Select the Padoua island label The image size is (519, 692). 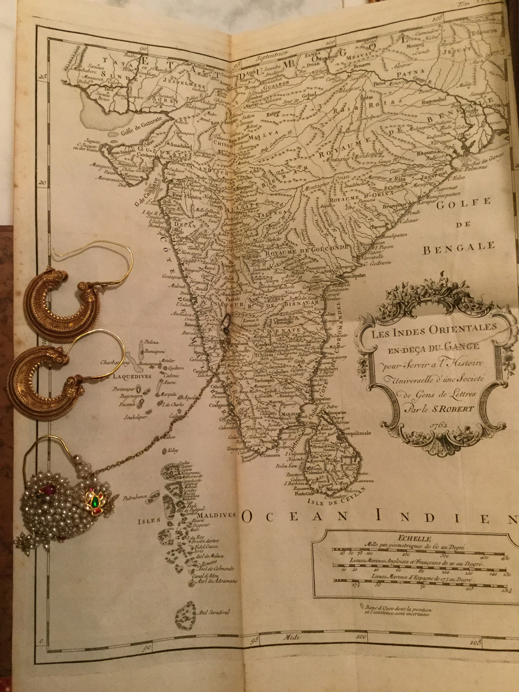coord(151,342)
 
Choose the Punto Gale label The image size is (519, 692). coord(302,494)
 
